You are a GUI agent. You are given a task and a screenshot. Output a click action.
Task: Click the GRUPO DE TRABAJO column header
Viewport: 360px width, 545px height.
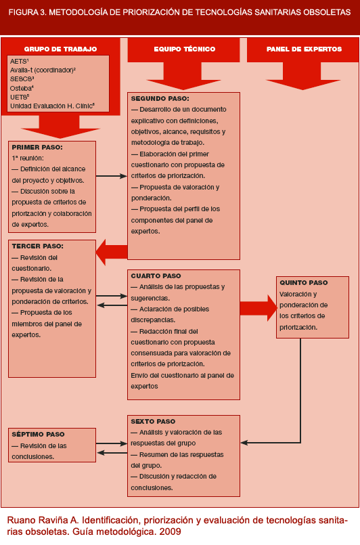point(60,49)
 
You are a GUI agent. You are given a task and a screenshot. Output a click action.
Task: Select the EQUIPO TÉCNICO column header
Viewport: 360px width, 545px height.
point(184,49)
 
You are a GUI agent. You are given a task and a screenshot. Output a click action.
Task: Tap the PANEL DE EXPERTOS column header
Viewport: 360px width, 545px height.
point(304,49)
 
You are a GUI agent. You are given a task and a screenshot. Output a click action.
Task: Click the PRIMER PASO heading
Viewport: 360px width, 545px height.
point(37,146)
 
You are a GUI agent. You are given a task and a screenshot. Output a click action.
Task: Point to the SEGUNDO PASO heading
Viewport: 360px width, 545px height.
point(159,98)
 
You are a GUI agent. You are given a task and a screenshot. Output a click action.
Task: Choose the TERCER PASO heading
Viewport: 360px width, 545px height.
point(38,246)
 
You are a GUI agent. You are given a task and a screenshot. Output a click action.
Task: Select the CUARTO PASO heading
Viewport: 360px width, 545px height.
point(156,276)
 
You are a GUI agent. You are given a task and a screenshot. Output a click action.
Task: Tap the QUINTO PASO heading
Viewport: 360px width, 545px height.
point(304,282)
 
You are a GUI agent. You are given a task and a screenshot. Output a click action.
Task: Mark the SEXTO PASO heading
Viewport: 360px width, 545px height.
point(153,421)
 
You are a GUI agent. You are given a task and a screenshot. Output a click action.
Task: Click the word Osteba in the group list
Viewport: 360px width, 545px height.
point(21,87)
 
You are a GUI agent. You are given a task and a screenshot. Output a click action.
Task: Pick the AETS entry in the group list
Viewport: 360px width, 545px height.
point(18,61)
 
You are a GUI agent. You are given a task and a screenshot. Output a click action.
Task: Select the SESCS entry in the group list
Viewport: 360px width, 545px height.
point(21,79)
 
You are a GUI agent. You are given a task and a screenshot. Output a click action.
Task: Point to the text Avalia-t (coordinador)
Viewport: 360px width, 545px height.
point(41,70)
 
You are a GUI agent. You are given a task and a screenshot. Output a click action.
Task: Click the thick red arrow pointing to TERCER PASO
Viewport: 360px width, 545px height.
point(111,252)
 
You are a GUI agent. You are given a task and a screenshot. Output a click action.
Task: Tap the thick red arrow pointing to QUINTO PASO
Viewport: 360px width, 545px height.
point(257,308)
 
